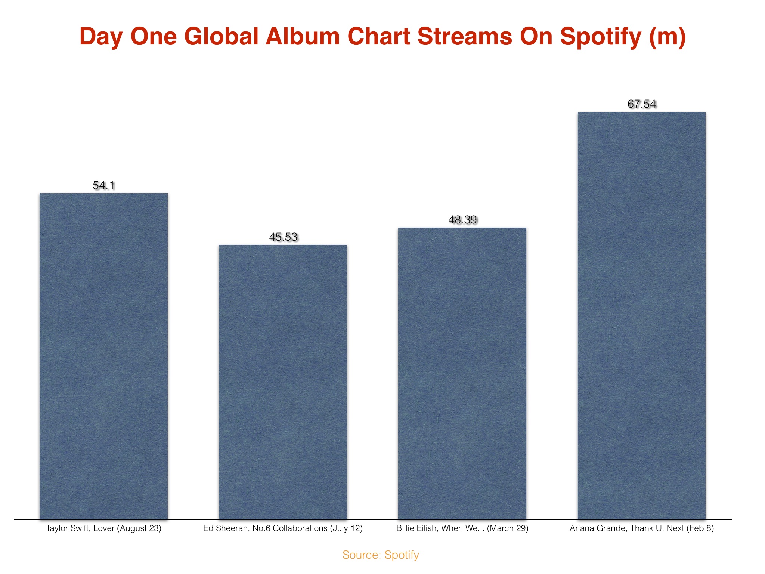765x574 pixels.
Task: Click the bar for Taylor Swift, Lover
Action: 103,356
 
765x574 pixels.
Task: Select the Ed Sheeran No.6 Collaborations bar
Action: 283,382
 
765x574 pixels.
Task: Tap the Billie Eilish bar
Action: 462,373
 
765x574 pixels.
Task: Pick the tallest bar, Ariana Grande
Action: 642,316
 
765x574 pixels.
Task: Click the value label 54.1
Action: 103,185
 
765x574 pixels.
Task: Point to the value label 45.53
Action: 283,237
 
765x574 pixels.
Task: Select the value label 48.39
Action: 462,220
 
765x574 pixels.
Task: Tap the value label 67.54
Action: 642,104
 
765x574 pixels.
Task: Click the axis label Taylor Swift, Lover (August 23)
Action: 103,528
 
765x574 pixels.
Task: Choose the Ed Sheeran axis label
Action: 283,528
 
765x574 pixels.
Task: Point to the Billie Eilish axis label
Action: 462,528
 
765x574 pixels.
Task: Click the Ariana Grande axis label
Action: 642,528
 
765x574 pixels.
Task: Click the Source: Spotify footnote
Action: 381,555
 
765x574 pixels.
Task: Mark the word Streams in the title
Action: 465,37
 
